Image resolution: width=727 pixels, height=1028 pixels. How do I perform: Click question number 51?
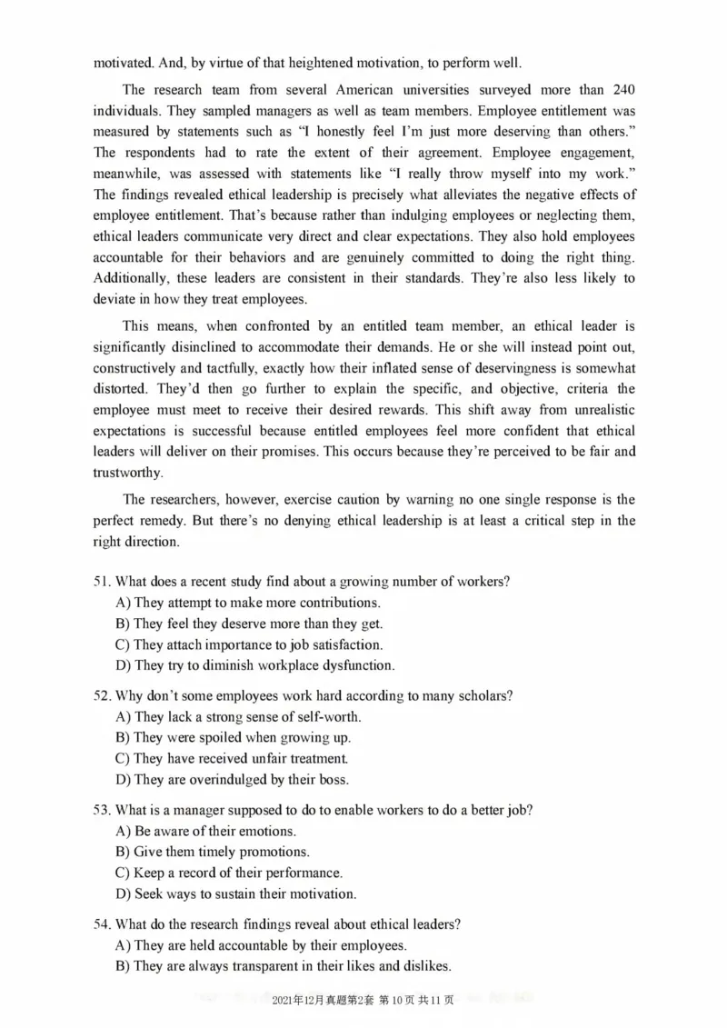click(102, 582)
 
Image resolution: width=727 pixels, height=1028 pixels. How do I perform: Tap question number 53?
click(102, 810)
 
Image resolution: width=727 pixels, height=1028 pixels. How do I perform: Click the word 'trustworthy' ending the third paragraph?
click(127, 473)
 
